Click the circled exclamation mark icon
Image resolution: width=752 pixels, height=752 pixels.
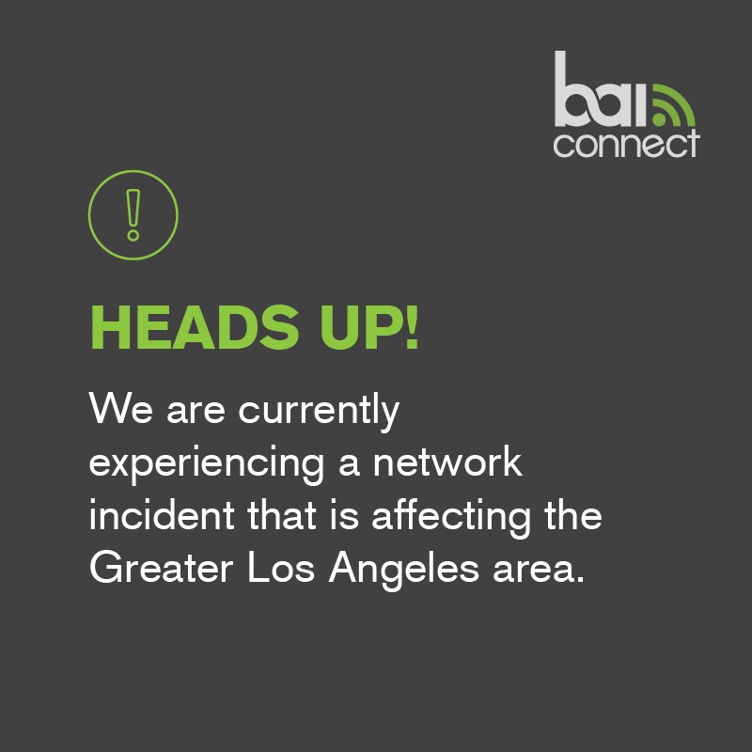coord(133,215)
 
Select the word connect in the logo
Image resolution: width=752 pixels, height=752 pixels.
coord(626,143)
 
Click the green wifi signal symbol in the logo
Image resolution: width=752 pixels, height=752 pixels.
coord(672,105)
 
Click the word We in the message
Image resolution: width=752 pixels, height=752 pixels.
coord(117,410)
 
